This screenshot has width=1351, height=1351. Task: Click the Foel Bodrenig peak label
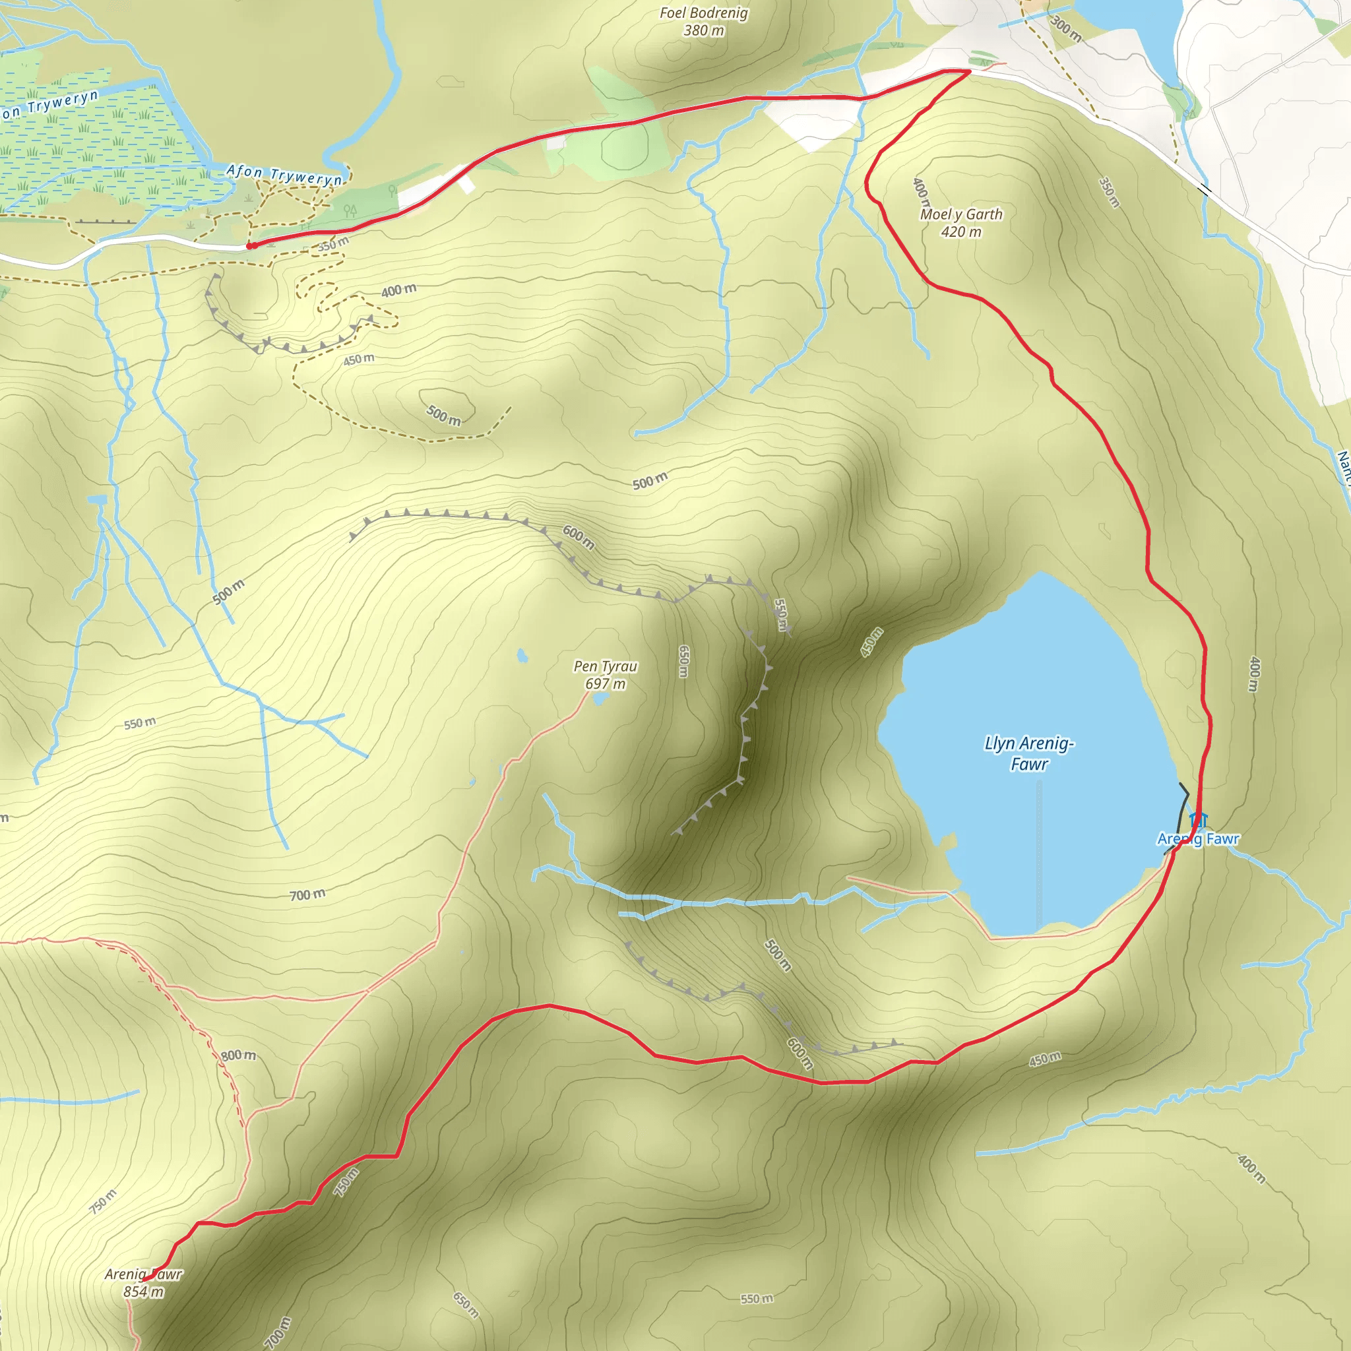point(703,22)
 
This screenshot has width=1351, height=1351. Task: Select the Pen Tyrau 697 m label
point(606,675)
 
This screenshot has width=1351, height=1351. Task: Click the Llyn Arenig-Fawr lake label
point(1028,753)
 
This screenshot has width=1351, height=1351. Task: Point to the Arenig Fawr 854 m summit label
point(143,1283)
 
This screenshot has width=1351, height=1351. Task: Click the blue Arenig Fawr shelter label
point(1199,839)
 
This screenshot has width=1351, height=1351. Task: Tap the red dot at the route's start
point(250,246)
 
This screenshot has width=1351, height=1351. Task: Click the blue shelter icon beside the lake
point(1199,819)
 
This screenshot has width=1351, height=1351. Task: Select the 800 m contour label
point(238,1055)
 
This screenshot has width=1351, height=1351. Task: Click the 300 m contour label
point(1067,28)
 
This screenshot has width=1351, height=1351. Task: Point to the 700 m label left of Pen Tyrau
point(307,895)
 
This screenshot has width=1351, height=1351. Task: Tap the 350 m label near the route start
point(333,244)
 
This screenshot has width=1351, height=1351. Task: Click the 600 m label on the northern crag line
point(579,538)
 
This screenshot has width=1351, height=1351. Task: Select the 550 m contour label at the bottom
point(757,1300)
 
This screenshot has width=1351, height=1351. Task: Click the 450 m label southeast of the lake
point(1045,1060)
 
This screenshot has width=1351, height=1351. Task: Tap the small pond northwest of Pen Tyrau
point(522,655)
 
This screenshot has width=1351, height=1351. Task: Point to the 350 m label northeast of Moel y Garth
point(1110,193)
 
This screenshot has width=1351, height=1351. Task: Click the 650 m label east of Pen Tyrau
point(684,661)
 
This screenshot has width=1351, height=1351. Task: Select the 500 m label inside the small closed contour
point(444,416)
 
